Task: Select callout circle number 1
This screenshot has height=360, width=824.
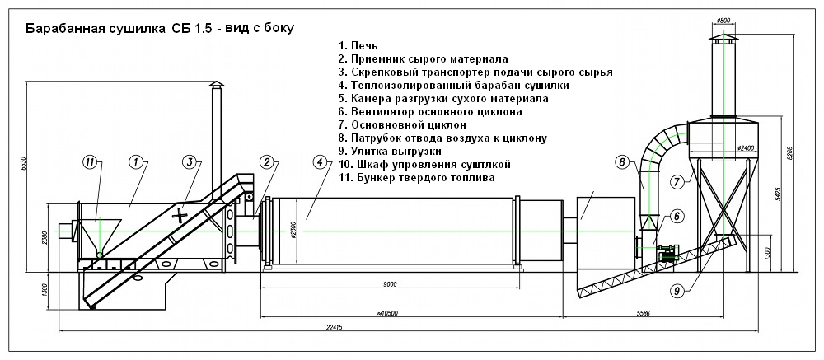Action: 137,161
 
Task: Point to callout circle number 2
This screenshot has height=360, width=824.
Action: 266,161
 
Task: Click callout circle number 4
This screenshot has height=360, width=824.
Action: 321,161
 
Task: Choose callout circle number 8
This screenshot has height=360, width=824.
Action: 622,161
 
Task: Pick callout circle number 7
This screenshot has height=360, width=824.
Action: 677,181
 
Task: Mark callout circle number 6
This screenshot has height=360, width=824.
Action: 676,216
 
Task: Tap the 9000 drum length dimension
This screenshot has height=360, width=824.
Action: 390,284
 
